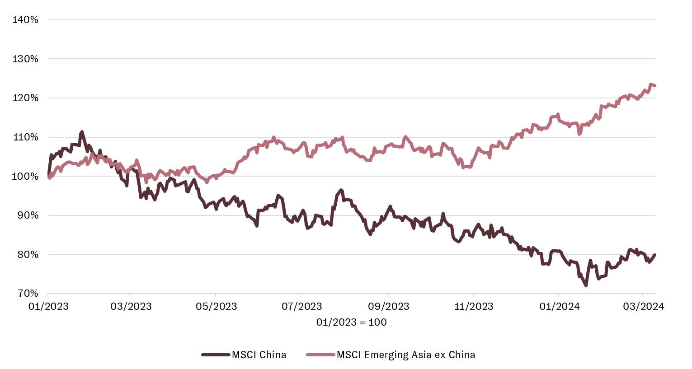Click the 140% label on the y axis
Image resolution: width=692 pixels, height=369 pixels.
pos(25,20)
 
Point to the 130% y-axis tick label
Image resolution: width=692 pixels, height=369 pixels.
pos(25,59)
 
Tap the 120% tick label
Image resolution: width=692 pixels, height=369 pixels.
pos(25,98)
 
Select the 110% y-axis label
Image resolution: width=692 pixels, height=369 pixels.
pos(25,137)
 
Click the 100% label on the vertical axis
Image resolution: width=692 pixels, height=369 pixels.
pos(25,177)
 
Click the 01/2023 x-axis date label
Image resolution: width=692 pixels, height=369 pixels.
pos(48,307)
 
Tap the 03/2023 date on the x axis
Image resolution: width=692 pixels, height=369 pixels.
pos(131,307)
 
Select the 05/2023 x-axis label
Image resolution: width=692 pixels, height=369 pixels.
pos(216,307)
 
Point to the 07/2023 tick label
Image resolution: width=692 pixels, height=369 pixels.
pos(301,307)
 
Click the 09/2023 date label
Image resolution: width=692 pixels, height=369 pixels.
pos(388,307)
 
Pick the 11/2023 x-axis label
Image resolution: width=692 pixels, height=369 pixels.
pos(473,307)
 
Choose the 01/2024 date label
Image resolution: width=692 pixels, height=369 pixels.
pos(559,307)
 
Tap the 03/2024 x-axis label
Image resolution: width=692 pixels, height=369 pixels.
pos(643,307)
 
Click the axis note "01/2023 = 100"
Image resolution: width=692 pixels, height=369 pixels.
pos(351,322)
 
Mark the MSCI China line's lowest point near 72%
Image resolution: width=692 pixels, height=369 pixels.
pos(586,285)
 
